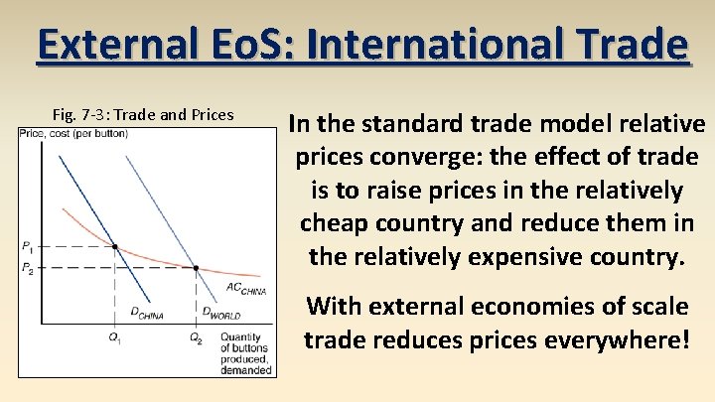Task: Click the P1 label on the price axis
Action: point(27,245)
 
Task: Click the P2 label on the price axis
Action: point(27,268)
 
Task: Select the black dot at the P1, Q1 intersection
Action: point(115,245)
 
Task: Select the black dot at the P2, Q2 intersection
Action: point(196,268)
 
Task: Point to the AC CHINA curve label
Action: point(246,290)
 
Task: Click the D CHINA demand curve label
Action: point(146,315)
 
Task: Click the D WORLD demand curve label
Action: point(222,315)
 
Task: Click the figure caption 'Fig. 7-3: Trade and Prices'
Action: point(143,114)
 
